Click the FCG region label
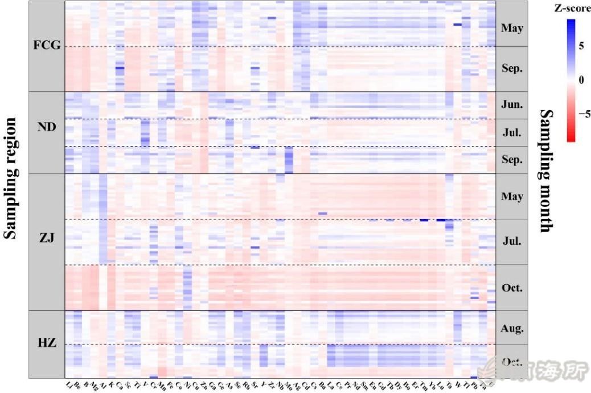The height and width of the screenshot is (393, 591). [47, 45]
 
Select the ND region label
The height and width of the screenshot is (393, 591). [47, 127]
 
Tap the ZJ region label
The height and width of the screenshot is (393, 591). [47, 238]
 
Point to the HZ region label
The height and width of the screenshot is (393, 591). [47, 343]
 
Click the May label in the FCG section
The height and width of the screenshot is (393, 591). [512, 27]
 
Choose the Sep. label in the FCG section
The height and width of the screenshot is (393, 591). [512, 68]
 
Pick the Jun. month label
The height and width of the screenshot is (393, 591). [512, 105]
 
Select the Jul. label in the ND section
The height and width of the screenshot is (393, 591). [512, 133]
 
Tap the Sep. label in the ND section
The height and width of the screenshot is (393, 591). [512, 160]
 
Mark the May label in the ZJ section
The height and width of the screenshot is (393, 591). [512, 196]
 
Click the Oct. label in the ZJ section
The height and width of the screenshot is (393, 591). [512, 287]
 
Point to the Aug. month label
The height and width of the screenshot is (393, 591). [512, 329]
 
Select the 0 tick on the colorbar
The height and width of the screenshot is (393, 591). [581, 80]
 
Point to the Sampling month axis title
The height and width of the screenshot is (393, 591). [545, 171]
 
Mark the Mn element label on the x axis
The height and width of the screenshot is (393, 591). [161, 384]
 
